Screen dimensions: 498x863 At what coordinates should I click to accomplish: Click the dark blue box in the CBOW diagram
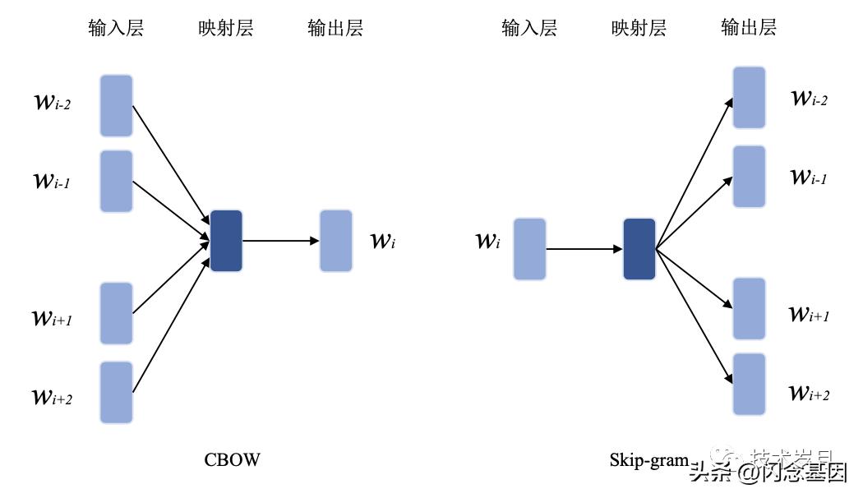(x=227, y=241)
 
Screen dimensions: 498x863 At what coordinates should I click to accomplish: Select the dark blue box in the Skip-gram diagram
(x=639, y=249)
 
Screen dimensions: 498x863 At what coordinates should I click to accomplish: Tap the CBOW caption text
(x=232, y=460)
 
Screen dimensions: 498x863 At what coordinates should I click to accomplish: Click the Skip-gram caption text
(x=648, y=460)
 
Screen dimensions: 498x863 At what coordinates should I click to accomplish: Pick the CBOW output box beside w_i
(x=335, y=241)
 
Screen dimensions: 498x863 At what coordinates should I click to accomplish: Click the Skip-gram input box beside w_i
(x=529, y=249)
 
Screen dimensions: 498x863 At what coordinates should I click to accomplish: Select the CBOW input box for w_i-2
(x=116, y=105)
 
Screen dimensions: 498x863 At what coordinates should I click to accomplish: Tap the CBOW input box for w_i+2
(x=116, y=392)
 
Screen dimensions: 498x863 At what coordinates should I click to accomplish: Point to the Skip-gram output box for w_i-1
(x=749, y=176)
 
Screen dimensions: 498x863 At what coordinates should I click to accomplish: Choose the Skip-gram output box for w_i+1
(x=749, y=308)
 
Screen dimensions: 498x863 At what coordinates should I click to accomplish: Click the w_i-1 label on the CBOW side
(x=51, y=181)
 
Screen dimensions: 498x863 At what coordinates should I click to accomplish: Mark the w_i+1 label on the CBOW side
(x=52, y=318)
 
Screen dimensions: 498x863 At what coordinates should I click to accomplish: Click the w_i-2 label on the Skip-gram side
(x=809, y=99)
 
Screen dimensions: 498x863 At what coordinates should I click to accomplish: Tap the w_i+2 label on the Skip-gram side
(x=809, y=393)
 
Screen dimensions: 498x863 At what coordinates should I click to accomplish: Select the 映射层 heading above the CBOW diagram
(x=226, y=29)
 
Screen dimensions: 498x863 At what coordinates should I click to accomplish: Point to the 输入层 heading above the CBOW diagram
(x=116, y=29)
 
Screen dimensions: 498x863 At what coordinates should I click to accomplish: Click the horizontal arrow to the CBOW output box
(x=280, y=241)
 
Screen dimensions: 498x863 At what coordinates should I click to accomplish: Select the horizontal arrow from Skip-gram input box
(x=584, y=249)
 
